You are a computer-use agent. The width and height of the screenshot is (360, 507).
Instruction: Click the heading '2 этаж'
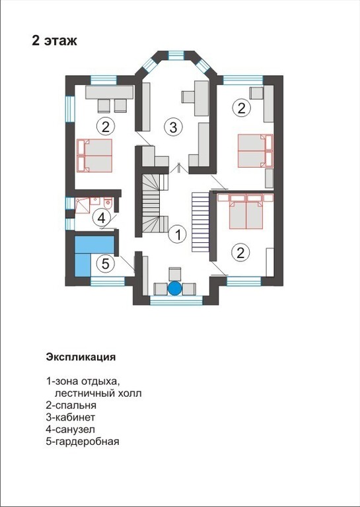click(x=54, y=41)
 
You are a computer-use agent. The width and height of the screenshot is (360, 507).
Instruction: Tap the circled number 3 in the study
click(x=173, y=127)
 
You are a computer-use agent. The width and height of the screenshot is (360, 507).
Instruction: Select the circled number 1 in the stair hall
click(x=178, y=234)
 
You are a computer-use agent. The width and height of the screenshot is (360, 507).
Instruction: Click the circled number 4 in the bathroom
click(x=101, y=219)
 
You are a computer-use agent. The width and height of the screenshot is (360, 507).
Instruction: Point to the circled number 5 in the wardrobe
click(x=106, y=264)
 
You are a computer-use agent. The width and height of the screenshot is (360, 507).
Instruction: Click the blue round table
click(x=175, y=288)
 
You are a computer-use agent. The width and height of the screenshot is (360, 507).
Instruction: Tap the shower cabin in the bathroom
click(x=82, y=206)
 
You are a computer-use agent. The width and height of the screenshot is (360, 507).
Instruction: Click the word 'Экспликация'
click(x=81, y=357)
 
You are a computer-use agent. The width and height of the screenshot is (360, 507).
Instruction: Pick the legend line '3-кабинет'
click(x=71, y=417)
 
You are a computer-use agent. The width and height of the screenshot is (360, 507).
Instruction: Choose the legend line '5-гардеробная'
click(x=83, y=442)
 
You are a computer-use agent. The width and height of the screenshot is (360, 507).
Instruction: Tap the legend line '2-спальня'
click(x=71, y=405)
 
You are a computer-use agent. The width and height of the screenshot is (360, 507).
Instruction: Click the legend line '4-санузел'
click(x=71, y=429)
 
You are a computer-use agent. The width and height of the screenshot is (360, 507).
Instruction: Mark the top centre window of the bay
click(x=176, y=55)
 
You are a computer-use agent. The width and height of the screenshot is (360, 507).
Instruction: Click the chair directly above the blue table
click(x=175, y=274)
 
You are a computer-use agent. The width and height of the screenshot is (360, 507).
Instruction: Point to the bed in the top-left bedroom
click(x=94, y=156)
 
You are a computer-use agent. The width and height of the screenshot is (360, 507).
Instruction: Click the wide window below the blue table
click(x=176, y=300)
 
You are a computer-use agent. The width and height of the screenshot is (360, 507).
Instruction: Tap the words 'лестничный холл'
click(x=98, y=393)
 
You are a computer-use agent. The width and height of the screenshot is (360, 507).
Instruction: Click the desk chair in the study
click(x=188, y=96)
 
